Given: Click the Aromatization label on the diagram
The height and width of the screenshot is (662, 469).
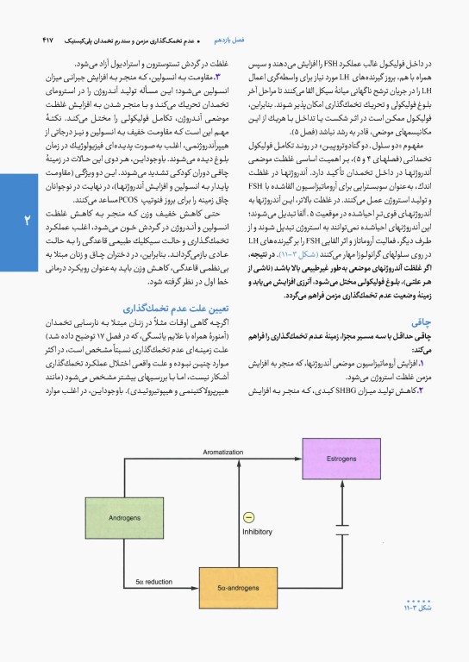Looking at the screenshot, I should point(223,452).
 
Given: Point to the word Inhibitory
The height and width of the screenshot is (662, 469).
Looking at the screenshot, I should point(257,532).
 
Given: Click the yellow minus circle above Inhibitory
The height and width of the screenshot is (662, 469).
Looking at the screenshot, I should point(249,516).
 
